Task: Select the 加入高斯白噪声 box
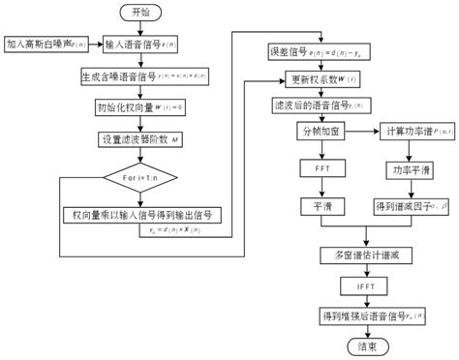click(x=35, y=45)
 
